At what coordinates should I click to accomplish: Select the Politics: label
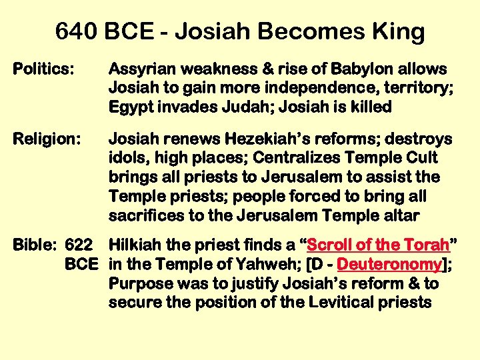pos(44,69)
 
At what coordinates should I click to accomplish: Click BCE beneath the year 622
pos(81,265)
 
